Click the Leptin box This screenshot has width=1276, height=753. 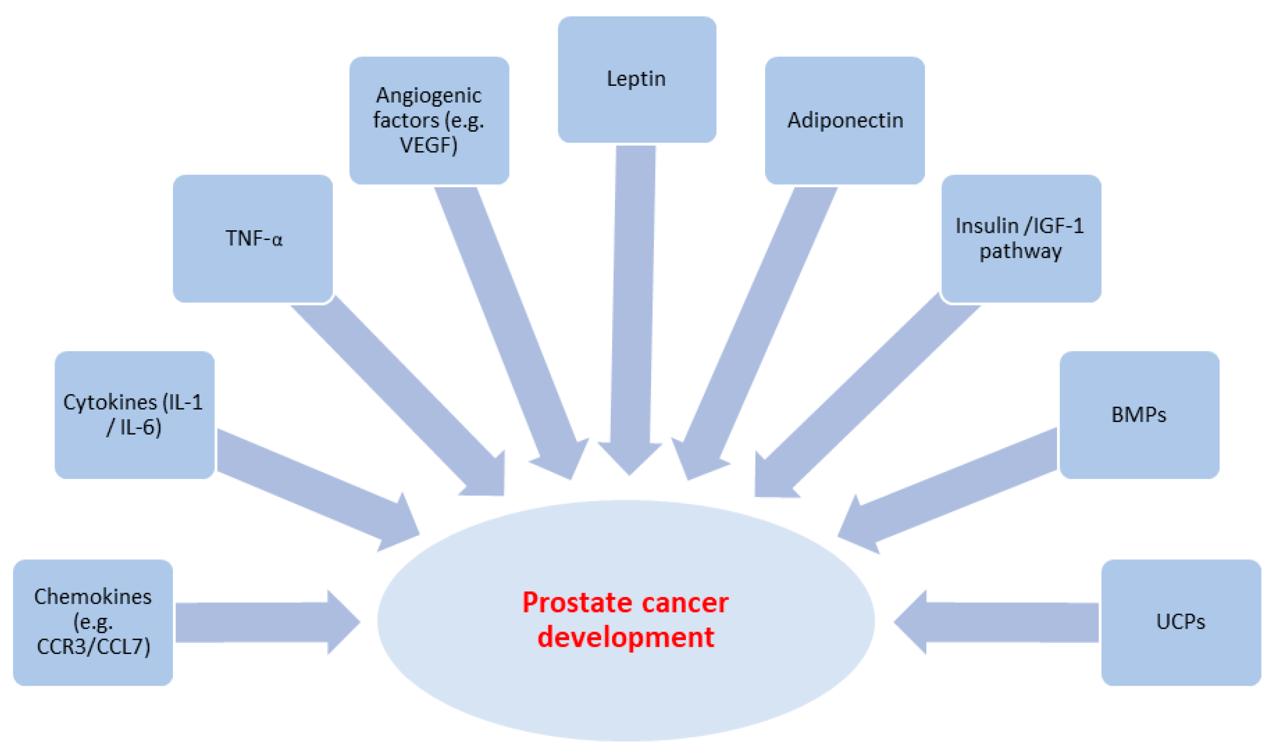(x=637, y=79)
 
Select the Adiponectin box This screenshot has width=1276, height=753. (x=844, y=120)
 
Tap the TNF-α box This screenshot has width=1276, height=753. (x=253, y=239)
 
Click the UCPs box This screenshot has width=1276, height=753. (x=1180, y=622)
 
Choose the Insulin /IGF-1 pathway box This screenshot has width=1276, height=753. (x=1021, y=239)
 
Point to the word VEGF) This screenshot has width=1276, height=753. (x=428, y=145)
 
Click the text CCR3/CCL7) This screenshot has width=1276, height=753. (x=93, y=646)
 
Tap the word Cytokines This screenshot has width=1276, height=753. (x=110, y=402)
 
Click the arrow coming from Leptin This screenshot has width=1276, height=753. (x=632, y=304)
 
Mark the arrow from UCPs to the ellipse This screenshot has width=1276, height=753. (x=995, y=623)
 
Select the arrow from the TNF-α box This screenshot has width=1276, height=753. (x=396, y=396)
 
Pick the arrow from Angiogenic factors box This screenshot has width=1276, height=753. (x=508, y=330)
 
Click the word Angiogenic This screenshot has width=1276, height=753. (x=428, y=96)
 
